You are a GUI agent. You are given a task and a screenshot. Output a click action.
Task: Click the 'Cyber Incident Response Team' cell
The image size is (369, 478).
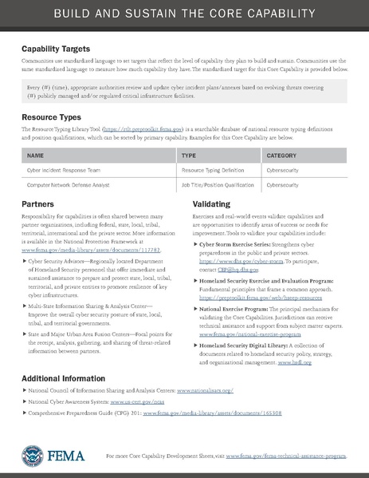[64, 170]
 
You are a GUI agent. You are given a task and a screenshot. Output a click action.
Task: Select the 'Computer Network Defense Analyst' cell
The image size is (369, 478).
[70, 184]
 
